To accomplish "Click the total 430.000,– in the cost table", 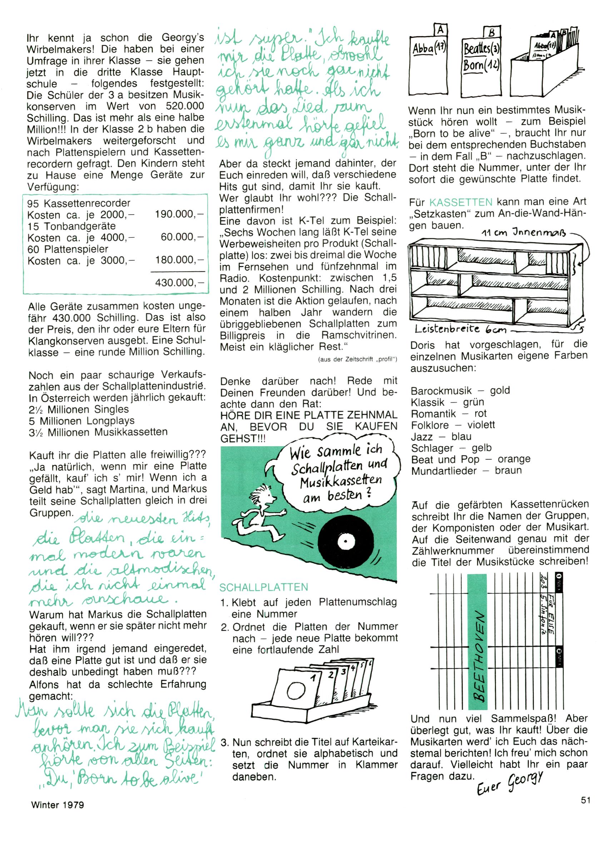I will pyautogui.click(x=179, y=282).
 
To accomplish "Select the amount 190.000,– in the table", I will pyautogui.click(x=179, y=214).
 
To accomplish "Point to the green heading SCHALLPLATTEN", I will pyautogui.click(x=264, y=587).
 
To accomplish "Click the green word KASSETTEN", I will pyautogui.click(x=461, y=202).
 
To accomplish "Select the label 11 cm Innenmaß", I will pyautogui.click(x=524, y=233).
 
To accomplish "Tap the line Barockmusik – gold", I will pyautogui.click(x=460, y=390).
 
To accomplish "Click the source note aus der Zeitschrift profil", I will pyautogui.click(x=357, y=359).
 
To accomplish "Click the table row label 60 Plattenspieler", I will pyautogui.click(x=68, y=249).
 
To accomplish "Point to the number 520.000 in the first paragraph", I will pyautogui.click(x=185, y=106).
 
